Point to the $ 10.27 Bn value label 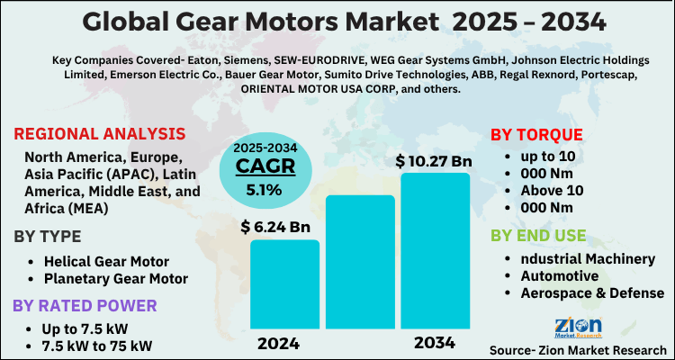click(x=434, y=161)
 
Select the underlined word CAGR click(x=259, y=166)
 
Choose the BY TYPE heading click(x=52, y=238)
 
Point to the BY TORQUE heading click(x=536, y=135)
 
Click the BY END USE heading click(x=538, y=236)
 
